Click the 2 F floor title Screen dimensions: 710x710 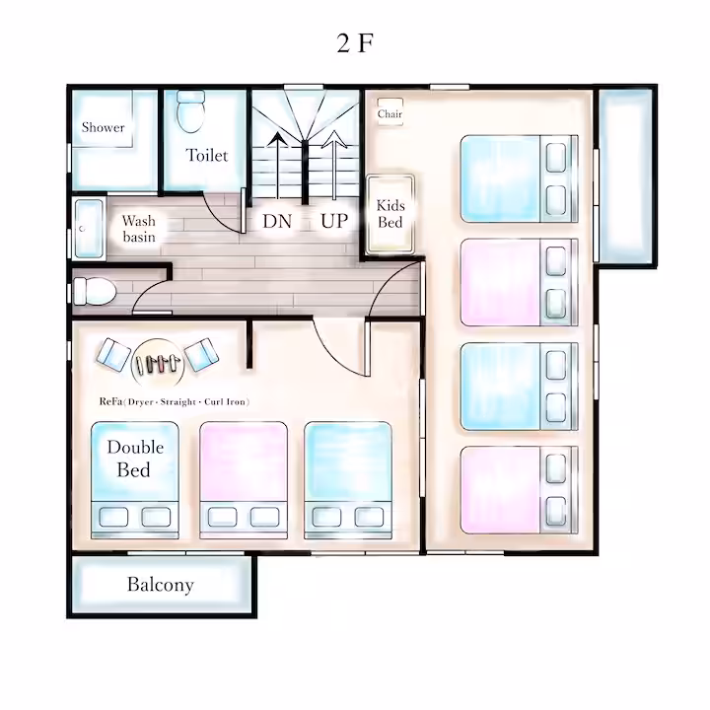coord(355,43)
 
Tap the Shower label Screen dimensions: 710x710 coord(104,127)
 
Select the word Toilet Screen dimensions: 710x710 coord(207,156)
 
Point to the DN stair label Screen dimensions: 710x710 coord(277,221)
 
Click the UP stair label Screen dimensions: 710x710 coord(334,221)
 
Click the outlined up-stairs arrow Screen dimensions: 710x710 coord(334,166)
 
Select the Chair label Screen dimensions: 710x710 coord(390,113)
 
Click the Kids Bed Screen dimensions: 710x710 coord(390,214)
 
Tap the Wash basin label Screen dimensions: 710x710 coord(139,229)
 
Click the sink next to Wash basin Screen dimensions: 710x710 coord(89,229)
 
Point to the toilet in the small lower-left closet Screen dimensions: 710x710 coord(95,291)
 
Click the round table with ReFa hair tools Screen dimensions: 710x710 coord(158,364)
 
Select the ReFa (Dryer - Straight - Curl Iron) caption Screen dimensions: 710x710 coord(175,401)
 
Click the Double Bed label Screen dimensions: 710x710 coord(135,459)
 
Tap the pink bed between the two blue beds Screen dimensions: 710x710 coord(244,480)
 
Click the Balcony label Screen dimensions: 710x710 coord(161,584)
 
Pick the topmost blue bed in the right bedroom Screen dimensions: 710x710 coord(520,178)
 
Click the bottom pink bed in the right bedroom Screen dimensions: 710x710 coord(520,490)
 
